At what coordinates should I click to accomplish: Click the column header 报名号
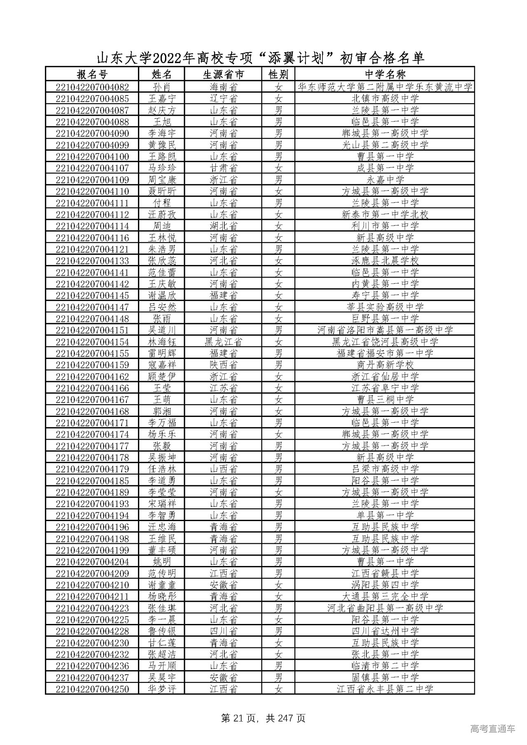point(92,74)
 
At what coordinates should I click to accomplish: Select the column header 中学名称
point(385,74)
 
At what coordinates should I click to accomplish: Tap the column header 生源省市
point(223,74)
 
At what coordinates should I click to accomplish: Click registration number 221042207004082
point(92,87)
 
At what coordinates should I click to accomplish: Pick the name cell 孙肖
point(161,87)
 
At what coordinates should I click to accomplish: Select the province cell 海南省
point(223,87)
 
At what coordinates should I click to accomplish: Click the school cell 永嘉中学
point(385,180)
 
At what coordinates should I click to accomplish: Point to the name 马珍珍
point(161,168)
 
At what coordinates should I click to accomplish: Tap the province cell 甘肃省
point(223,168)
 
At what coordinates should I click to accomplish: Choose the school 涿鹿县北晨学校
point(385,261)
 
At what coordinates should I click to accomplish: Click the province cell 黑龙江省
point(223,342)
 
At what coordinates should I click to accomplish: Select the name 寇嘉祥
point(161,365)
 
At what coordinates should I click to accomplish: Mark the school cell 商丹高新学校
point(385,365)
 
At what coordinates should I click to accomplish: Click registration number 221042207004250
point(92,689)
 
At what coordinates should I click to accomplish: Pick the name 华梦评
point(161,689)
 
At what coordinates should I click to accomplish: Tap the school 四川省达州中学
point(385,631)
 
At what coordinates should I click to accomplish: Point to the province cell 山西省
point(223,469)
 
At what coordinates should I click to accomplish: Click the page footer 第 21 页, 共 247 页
point(263,718)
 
